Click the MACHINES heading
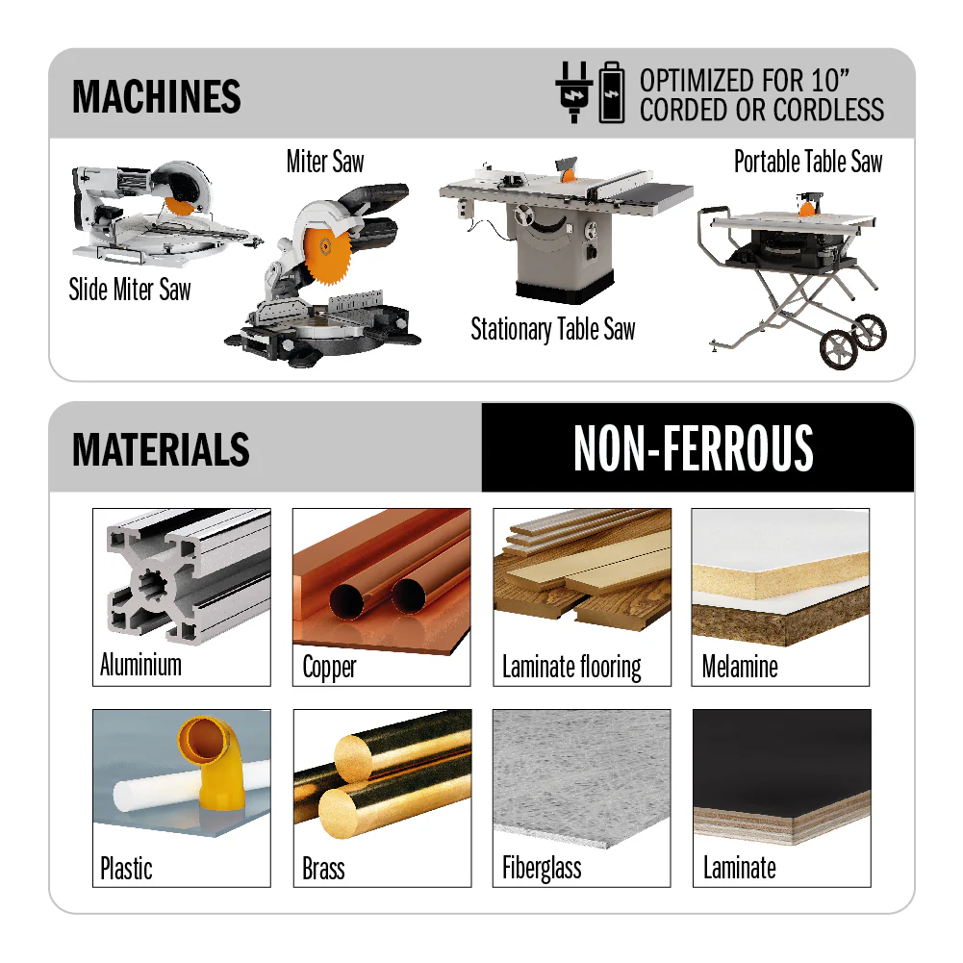[x=156, y=96]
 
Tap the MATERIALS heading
[x=161, y=449]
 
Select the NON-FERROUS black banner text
[x=694, y=448]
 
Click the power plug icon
[x=573, y=93]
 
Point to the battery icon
[x=611, y=93]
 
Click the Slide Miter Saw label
[x=130, y=290]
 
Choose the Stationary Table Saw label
[x=552, y=330]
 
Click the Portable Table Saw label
[x=807, y=162]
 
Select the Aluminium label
[x=140, y=665]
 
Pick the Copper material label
[x=329, y=667]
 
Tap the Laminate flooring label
[x=571, y=667]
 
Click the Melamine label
[x=740, y=667]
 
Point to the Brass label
[x=323, y=869]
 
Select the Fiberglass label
[x=542, y=869]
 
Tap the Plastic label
[x=126, y=869]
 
